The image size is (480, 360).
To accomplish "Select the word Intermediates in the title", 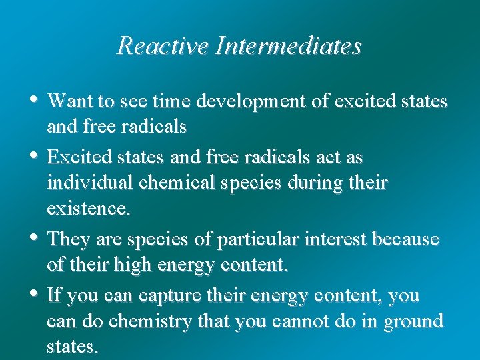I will [x=286, y=46].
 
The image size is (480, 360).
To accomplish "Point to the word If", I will [x=55, y=295].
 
